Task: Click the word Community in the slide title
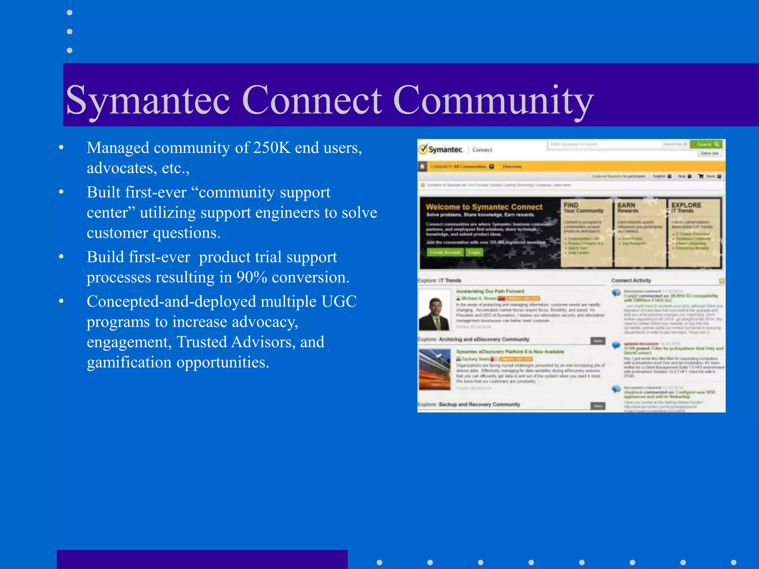pyautogui.click(x=493, y=100)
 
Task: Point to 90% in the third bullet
pyautogui.click(x=252, y=277)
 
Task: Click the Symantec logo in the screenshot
pyautogui.click(x=441, y=149)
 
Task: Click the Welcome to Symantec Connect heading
pyautogui.click(x=484, y=207)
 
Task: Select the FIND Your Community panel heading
pyautogui.click(x=583, y=207)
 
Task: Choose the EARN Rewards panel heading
pyautogui.click(x=627, y=207)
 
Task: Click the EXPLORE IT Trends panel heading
pyautogui.click(x=686, y=207)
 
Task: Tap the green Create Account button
pyautogui.click(x=445, y=252)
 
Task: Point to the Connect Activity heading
pyautogui.click(x=631, y=280)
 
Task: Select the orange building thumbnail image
pyautogui.click(x=434, y=369)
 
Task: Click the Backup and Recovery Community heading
pyautogui.click(x=479, y=404)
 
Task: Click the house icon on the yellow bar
pyautogui.click(x=422, y=167)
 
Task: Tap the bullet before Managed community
pyautogui.click(x=62, y=148)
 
